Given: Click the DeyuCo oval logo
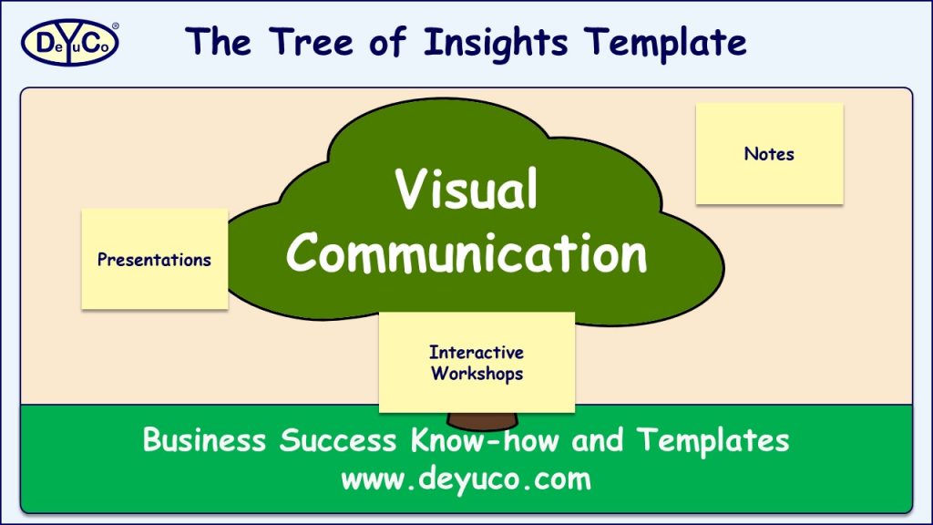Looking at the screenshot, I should click(x=68, y=43).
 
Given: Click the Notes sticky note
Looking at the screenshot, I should click(x=769, y=153).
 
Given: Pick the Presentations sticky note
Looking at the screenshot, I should click(x=154, y=259).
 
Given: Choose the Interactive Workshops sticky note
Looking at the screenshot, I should click(x=477, y=362).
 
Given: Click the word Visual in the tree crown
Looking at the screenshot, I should click(x=466, y=190).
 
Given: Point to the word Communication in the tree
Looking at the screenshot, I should click(x=466, y=253).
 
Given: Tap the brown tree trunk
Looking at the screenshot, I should click(x=481, y=421).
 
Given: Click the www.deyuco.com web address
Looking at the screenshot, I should click(x=466, y=479).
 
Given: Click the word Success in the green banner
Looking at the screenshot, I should click(x=338, y=441).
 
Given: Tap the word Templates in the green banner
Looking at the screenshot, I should click(x=713, y=441).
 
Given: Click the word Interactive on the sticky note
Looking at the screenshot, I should click(x=477, y=352).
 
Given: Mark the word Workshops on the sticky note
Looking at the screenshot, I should click(x=477, y=373).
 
